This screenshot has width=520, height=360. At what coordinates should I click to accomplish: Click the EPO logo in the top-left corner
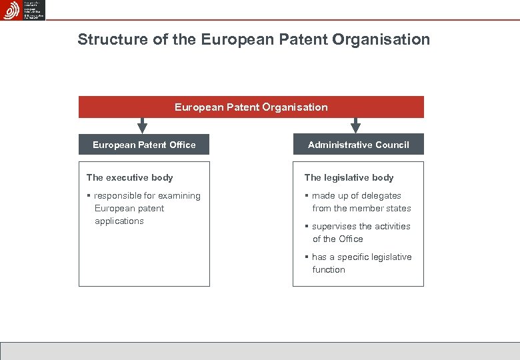[x=23, y=10]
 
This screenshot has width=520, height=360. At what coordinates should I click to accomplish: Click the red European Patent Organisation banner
[x=251, y=107]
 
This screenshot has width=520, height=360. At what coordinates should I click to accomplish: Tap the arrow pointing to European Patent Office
[x=141, y=125]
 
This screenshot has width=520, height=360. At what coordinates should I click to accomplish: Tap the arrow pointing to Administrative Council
[x=355, y=125]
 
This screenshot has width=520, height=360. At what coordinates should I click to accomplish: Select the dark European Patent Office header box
[x=144, y=145]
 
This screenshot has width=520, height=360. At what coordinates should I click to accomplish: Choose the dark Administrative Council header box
[x=358, y=145]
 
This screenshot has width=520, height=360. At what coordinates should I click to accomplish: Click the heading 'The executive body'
[x=129, y=177]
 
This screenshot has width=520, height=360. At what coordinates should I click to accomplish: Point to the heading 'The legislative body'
[x=349, y=177]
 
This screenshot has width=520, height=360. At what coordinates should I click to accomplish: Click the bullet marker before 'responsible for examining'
[x=89, y=196]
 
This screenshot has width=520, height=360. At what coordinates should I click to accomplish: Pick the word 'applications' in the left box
[x=119, y=221]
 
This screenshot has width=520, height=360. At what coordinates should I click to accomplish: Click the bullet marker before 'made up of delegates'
[x=307, y=196]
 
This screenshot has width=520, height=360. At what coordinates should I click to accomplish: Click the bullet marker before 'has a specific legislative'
[x=307, y=257]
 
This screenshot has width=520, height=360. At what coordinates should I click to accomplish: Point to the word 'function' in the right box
[x=329, y=269]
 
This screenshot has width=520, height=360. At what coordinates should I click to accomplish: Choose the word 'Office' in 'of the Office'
[x=351, y=239]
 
